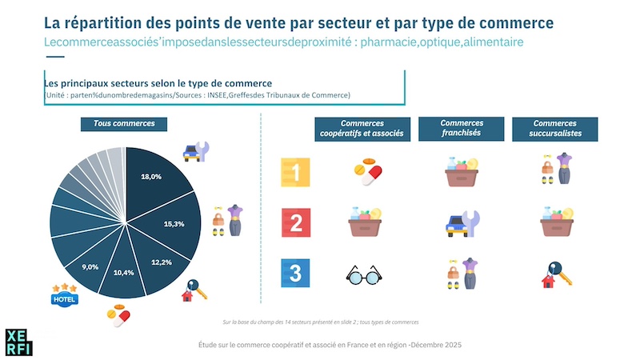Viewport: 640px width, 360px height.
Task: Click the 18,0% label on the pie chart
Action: tap(151, 176)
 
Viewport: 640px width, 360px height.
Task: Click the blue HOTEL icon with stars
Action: tap(64, 296)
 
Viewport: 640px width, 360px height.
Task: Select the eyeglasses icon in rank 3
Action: tap(364, 275)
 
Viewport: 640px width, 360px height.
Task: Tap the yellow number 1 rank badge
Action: tap(294, 172)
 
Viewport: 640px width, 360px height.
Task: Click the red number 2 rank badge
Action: tap(294, 223)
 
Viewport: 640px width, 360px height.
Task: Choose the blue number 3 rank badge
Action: tap(294, 274)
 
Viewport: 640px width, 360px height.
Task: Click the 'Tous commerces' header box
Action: tap(123, 124)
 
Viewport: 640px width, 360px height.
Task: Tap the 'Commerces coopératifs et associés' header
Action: tap(366, 129)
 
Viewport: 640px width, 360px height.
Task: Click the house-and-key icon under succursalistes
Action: tap(554, 275)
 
